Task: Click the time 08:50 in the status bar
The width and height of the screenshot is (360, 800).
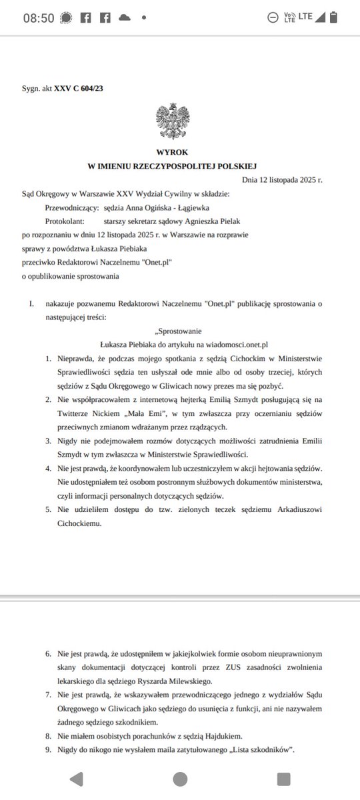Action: pyautogui.click(x=39, y=18)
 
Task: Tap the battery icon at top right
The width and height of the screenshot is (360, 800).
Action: pyautogui.click(x=339, y=17)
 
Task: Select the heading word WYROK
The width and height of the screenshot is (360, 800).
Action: pyautogui.click(x=172, y=152)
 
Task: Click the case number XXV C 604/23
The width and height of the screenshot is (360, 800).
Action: pyautogui.click(x=79, y=88)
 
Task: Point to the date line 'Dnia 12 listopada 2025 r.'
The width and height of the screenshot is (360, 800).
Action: pyautogui.click(x=282, y=180)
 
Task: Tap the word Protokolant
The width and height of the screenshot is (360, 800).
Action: pyautogui.click(x=65, y=221)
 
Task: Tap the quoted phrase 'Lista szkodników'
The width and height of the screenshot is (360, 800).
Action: pyautogui.click(x=258, y=751)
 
